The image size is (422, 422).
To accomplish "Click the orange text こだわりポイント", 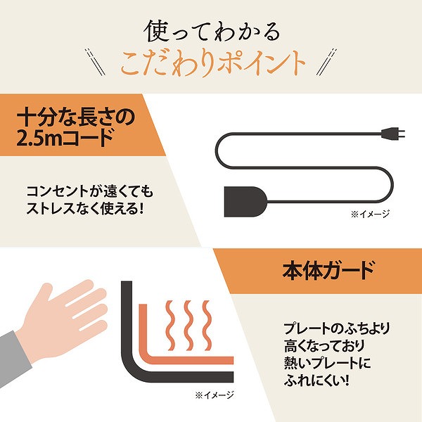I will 211,64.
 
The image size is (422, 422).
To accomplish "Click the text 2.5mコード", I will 64,138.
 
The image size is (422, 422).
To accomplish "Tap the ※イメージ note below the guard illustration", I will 215,395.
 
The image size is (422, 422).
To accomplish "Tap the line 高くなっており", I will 321,347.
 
